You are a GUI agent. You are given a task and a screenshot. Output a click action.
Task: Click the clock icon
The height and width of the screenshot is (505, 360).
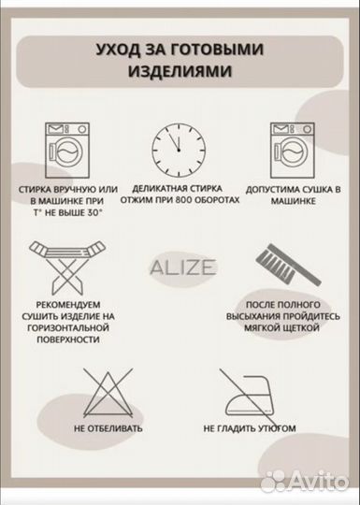180,149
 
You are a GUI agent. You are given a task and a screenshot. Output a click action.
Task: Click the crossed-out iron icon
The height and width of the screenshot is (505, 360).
249,392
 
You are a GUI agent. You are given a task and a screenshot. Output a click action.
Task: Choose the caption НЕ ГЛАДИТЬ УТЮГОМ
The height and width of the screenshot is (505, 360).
250,429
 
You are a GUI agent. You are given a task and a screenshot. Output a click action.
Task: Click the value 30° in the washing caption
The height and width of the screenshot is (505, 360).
92,214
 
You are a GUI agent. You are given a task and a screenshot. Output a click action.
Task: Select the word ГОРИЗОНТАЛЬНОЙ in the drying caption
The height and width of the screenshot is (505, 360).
67,328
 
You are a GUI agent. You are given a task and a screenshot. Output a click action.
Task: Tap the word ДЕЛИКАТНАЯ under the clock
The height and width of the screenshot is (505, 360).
162,189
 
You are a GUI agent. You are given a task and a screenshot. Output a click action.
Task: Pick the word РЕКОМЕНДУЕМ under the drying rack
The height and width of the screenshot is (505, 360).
67,304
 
